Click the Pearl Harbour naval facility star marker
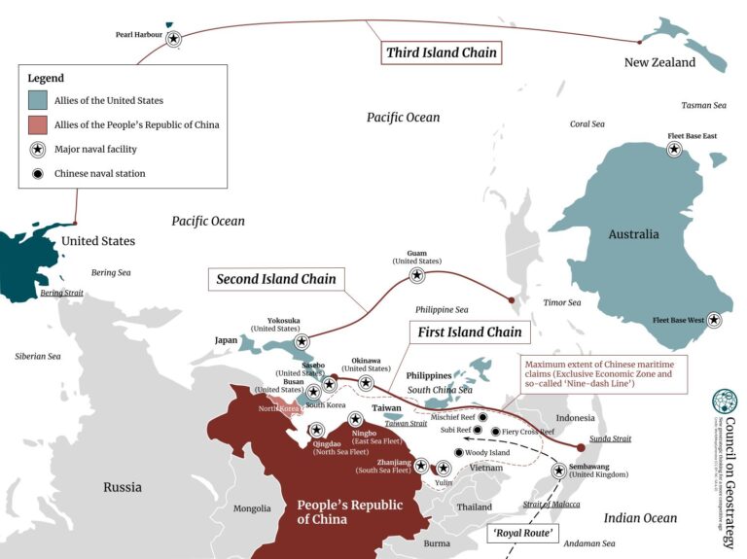coord(173,39)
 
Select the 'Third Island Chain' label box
coord(442,52)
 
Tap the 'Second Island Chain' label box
coord(276,279)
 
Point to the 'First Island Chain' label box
coord(470,332)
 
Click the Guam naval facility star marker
coord(417,275)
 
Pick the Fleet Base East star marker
coord(674,150)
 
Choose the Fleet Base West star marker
coord(714,319)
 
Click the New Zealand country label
coord(659,62)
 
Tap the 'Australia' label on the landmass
coord(633,234)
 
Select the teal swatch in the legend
coord(38,100)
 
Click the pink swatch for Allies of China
coord(38,124)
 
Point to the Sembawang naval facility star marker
coord(559,471)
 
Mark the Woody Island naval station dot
coord(459,452)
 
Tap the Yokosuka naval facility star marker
coord(302,341)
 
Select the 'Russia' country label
coord(123,487)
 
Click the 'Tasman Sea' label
coord(703,105)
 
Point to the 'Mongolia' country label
coord(252,508)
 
